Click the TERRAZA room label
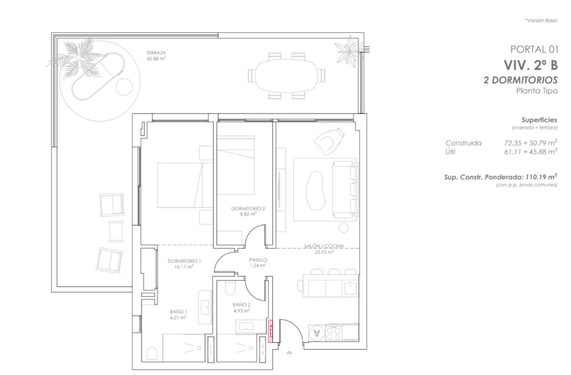click(156, 53)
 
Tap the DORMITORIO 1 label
click(184, 261)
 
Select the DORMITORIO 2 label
click(248, 209)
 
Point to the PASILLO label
click(258, 260)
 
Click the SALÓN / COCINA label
click(324, 247)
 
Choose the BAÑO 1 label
click(179, 312)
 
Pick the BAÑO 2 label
click(242, 305)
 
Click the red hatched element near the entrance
click(270, 331)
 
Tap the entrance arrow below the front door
click(289, 353)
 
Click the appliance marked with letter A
click(317, 332)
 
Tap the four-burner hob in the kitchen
click(333, 332)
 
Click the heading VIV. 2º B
click(530, 65)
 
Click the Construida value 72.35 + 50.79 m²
click(530, 143)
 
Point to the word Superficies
click(539, 120)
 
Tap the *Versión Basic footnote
click(541, 21)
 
